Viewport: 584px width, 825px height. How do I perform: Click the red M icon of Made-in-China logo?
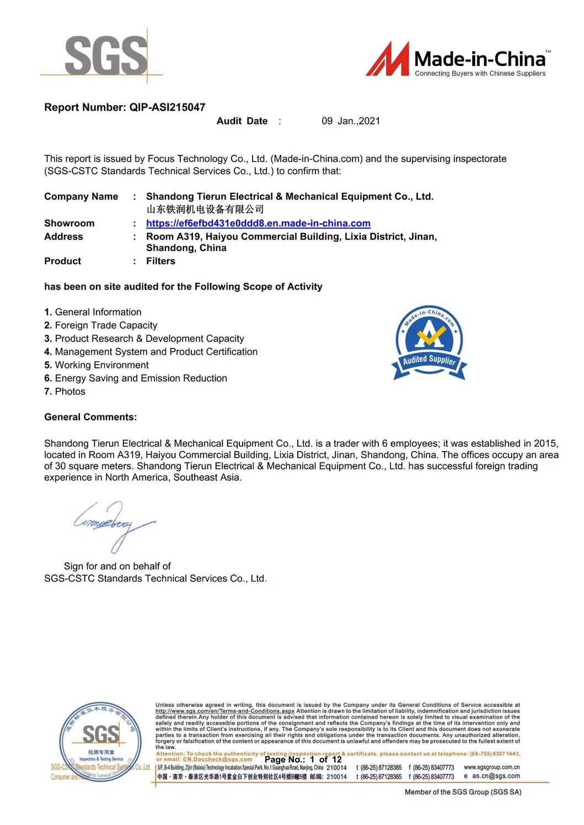click(x=388, y=59)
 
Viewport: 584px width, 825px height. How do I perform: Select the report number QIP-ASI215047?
click(x=167, y=107)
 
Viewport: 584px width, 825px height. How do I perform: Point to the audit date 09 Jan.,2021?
click(x=351, y=121)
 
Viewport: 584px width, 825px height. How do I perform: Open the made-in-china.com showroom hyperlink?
click(x=258, y=224)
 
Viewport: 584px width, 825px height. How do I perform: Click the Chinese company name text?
click(x=205, y=209)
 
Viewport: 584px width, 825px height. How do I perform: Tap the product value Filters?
click(x=160, y=262)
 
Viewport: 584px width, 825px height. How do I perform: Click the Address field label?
click(x=63, y=237)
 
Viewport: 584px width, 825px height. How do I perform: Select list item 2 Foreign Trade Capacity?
click(x=101, y=325)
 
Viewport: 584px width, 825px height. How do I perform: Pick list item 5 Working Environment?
click(x=97, y=365)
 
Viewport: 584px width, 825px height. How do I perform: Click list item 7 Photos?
click(x=65, y=392)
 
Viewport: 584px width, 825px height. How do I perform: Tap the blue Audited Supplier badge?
click(x=429, y=343)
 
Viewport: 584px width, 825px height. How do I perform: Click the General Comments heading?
click(x=90, y=417)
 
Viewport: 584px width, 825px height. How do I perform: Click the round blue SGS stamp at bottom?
click(x=100, y=741)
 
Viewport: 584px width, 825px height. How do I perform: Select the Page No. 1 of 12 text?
click(x=303, y=759)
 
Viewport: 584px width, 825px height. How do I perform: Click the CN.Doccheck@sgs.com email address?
click(x=217, y=759)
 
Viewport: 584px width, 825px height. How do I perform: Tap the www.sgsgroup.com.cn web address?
click(x=491, y=767)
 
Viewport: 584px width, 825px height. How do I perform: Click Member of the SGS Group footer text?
click(x=463, y=792)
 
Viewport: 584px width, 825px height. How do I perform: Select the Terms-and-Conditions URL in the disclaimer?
click(x=225, y=711)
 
